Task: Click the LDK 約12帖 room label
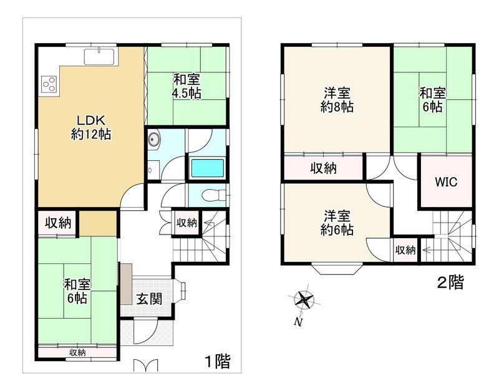90,127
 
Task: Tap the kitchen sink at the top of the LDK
99,57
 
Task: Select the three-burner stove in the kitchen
49,84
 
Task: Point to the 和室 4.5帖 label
187,86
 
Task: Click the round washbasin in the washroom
154,139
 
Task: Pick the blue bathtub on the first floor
208,168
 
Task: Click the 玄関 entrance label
149,299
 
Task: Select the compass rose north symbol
304,300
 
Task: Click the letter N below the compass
298,322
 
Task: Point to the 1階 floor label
217,361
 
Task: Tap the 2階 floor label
450,282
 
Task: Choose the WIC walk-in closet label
446,182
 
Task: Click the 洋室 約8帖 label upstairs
337,100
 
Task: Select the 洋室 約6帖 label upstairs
337,223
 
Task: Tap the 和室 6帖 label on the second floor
432,100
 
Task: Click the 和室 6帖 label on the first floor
77,291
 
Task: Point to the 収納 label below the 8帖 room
323,168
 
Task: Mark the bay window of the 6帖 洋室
337,269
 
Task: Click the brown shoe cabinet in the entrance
126,284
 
